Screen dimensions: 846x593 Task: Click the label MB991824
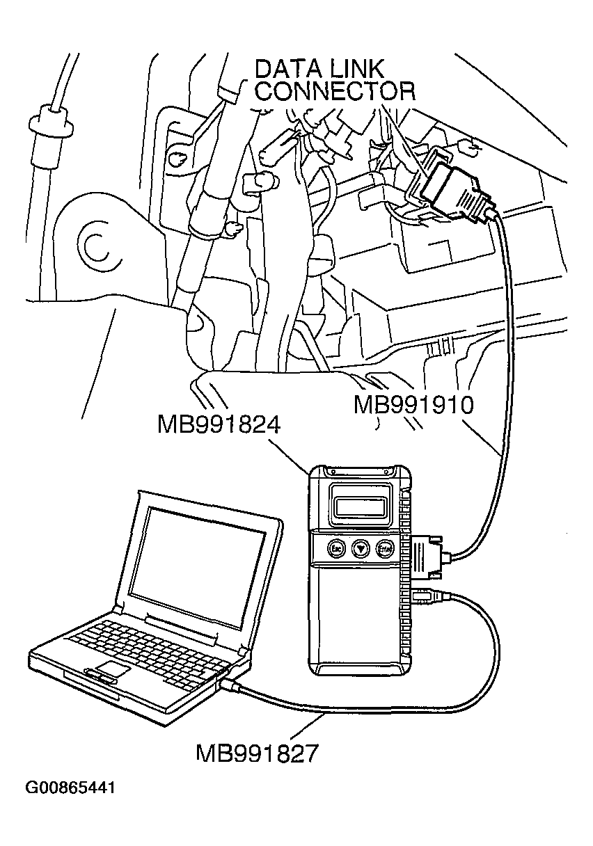(218, 424)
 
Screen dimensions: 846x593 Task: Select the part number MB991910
(413, 404)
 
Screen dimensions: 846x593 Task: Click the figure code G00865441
(70, 788)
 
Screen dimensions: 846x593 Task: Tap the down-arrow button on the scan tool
(360, 548)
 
